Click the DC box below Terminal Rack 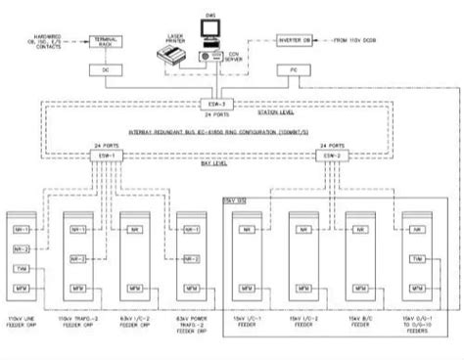coord(106,70)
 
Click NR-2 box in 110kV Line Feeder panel coord(22,249)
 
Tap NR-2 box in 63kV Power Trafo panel coord(190,259)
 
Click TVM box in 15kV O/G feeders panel coord(418,259)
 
